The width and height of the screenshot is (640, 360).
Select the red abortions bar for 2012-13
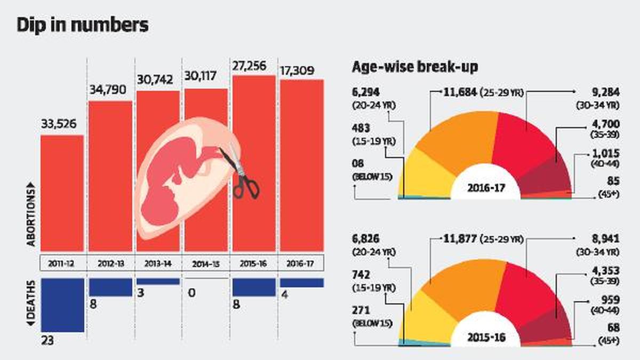pyautogui.click(x=110, y=176)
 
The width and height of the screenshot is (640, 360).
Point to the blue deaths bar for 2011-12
pyautogui.click(x=62, y=305)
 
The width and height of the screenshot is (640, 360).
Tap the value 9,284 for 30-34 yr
pyautogui.click(x=603, y=92)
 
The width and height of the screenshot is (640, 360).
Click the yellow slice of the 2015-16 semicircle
pyautogui.click(x=421, y=315)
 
